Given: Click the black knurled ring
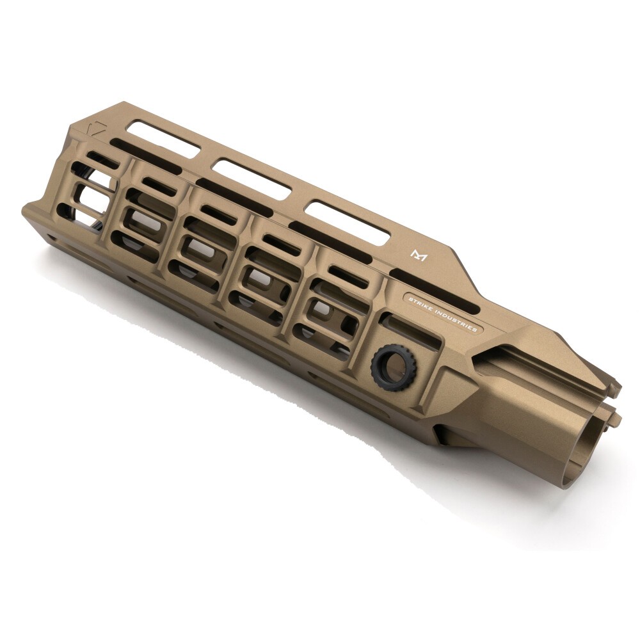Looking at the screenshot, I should point(393,367).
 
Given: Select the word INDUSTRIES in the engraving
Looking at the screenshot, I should point(460,321).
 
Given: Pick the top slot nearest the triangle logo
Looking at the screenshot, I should point(163,139).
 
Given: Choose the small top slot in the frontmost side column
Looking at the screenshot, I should point(102,158).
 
